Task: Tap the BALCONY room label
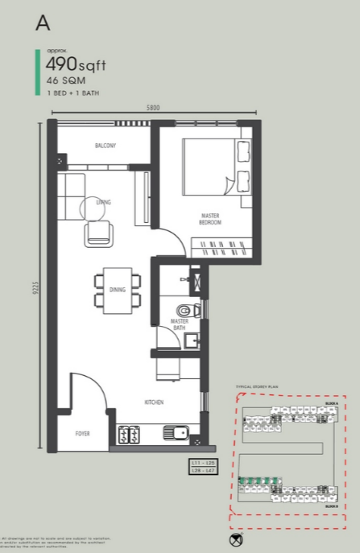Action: pos(106,146)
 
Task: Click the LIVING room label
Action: pos(102,202)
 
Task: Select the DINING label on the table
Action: pos(117,290)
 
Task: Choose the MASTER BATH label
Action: pos(179,324)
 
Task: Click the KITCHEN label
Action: pos(155,402)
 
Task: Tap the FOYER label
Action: pos(83,433)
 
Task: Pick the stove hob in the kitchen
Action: pos(129,435)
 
